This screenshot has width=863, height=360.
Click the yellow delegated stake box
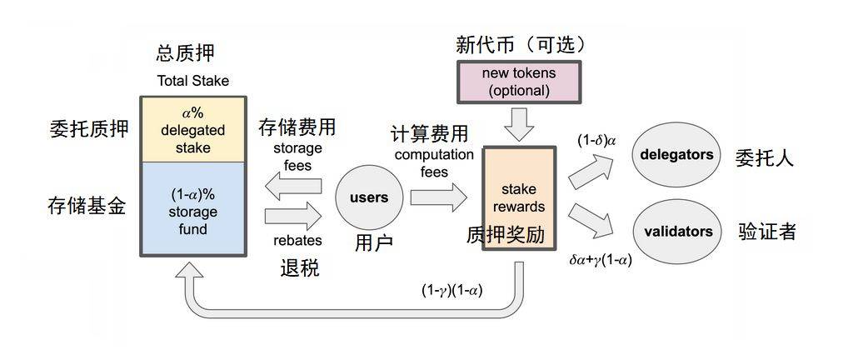[192, 129]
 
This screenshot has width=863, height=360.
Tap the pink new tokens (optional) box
[518, 82]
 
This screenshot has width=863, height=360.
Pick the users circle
[368, 198]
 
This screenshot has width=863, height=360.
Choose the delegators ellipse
[677, 155]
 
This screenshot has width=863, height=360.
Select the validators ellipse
[677, 232]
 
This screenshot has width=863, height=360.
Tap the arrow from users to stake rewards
[438, 197]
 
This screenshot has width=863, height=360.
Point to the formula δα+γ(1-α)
[599, 260]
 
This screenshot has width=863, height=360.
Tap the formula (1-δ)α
[596, 141]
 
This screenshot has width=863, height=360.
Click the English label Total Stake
[192, 81]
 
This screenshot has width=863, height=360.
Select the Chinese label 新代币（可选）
[521, 44]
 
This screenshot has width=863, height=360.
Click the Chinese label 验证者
[766, 232]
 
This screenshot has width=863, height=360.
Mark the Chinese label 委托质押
[87, 129]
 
